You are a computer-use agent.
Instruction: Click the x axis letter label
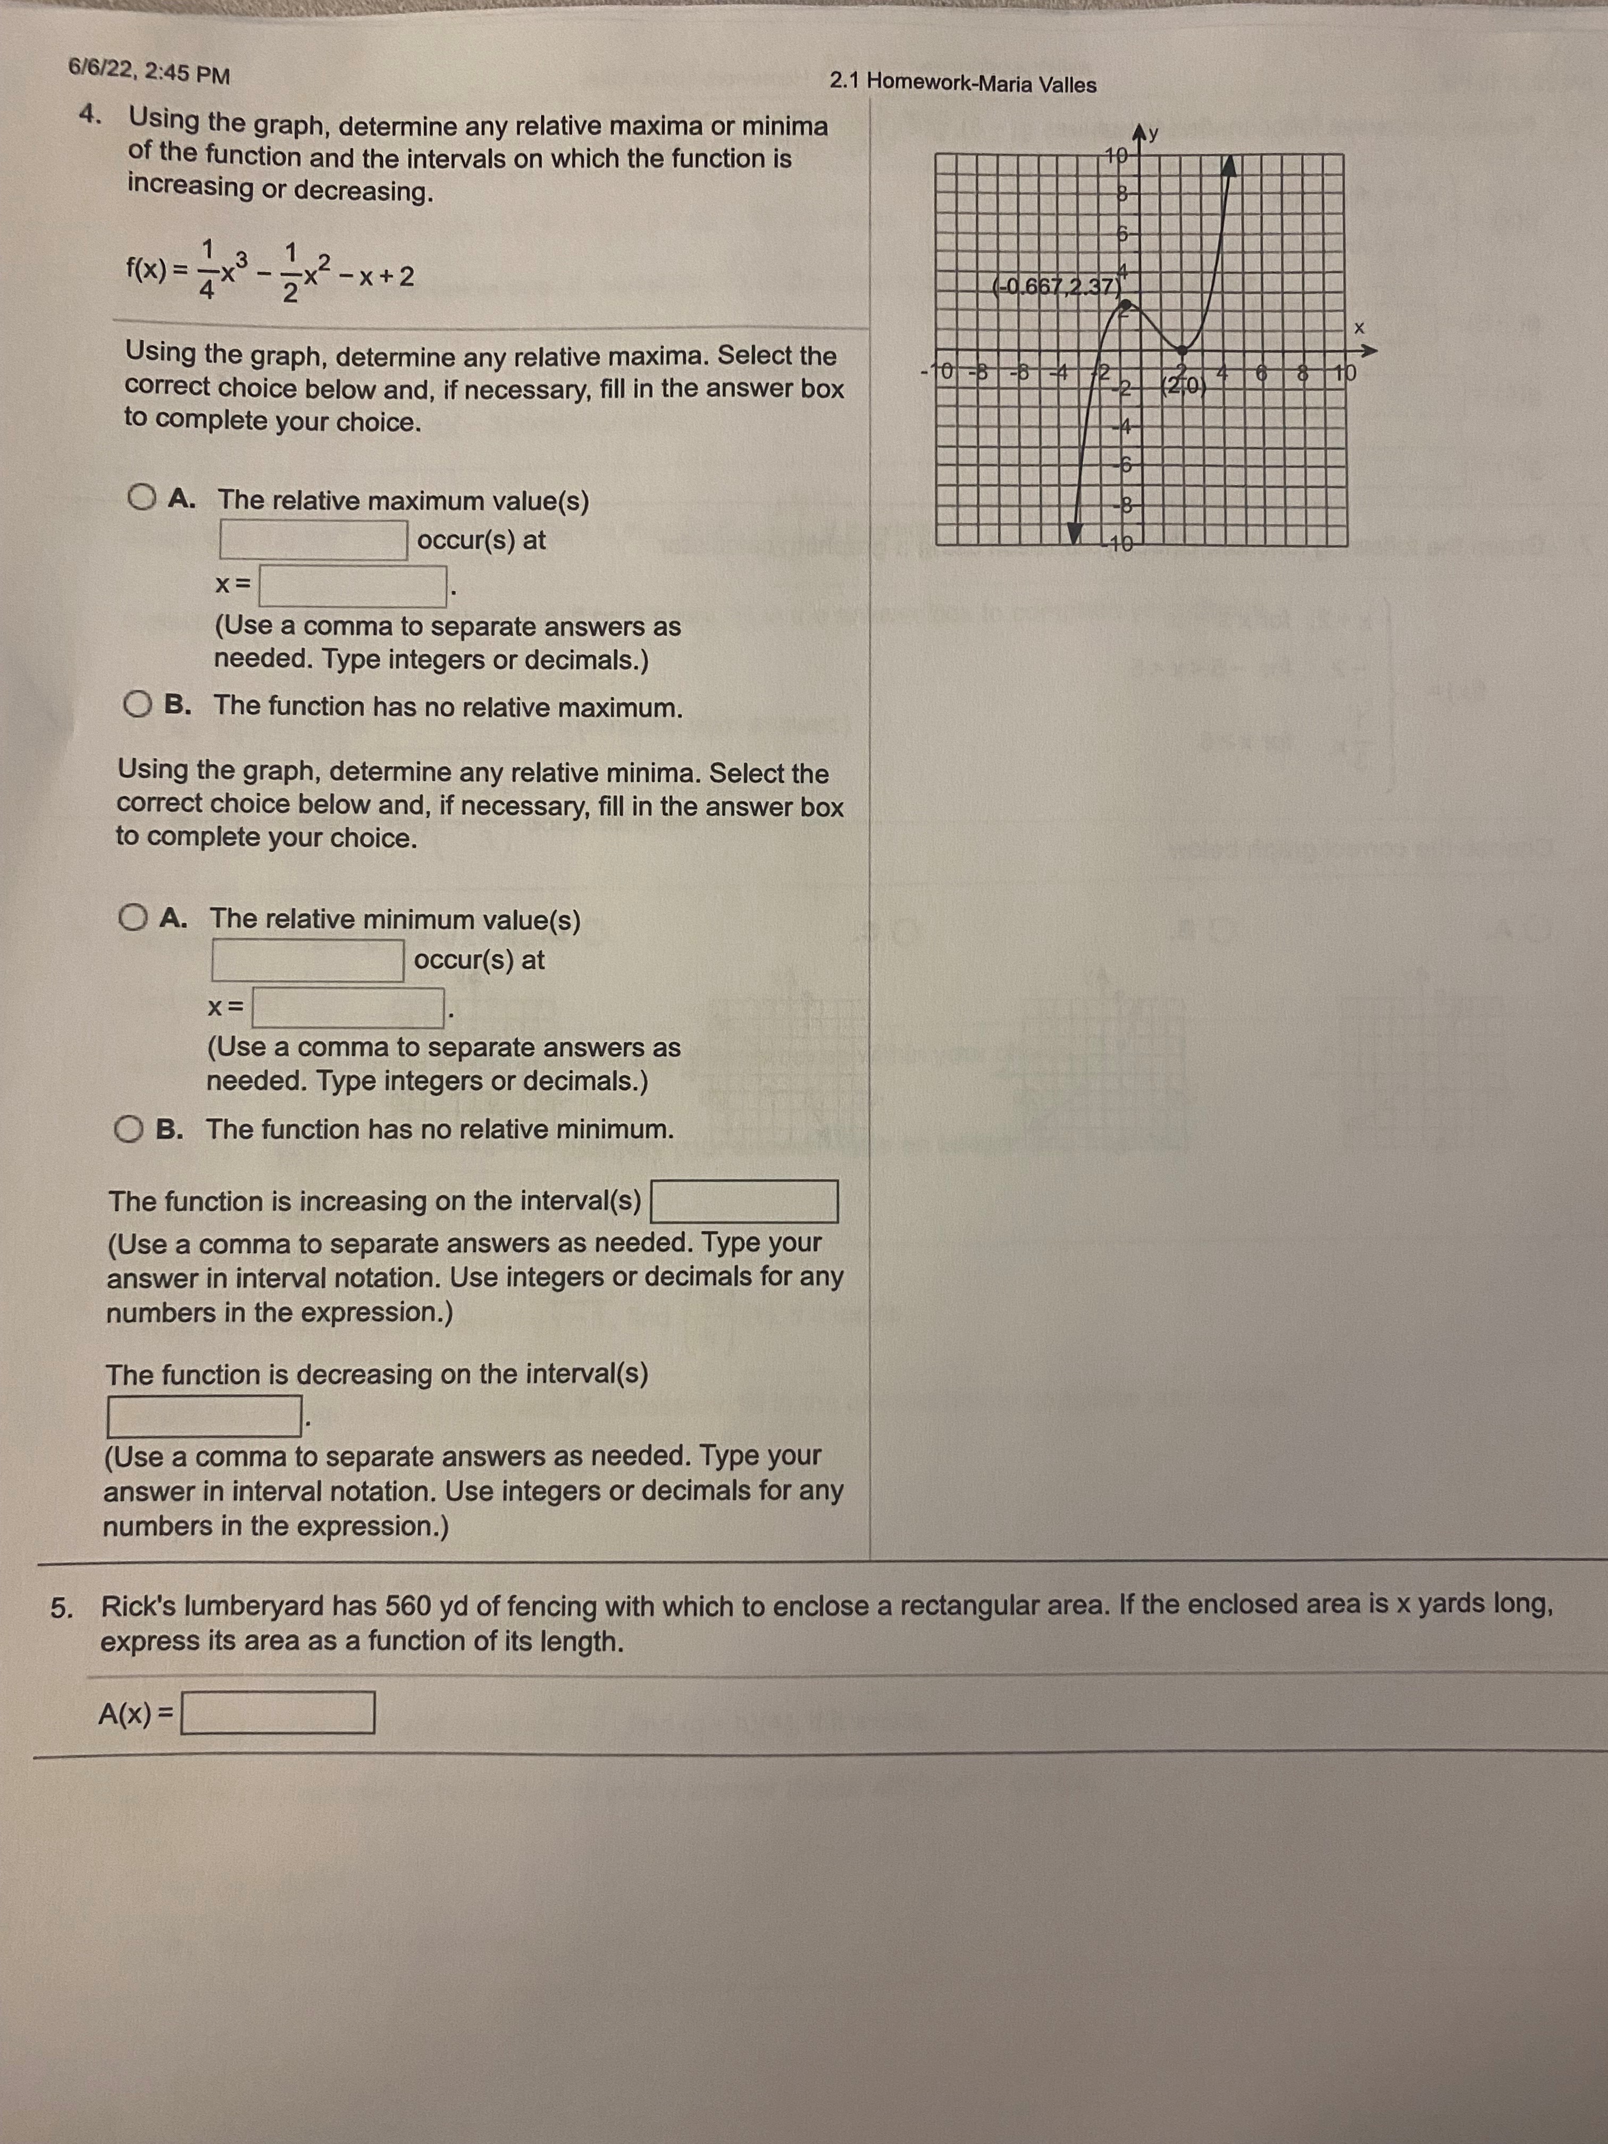point(1359,328)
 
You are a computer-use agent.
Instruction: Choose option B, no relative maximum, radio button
point(138,705)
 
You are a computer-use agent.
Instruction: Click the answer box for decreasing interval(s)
point(203,1416)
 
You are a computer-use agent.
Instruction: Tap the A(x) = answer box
point(278,1713)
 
